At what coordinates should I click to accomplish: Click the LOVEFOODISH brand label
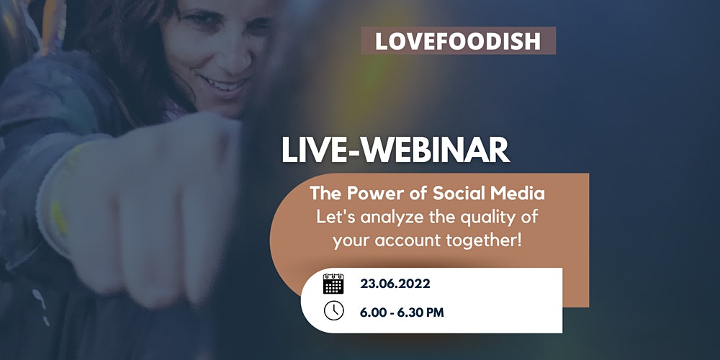458,41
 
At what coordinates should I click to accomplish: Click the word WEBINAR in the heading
431,150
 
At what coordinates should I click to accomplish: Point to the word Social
452,193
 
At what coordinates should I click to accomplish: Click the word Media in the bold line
511,193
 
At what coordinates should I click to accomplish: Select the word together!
479,241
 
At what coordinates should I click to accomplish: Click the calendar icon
333,284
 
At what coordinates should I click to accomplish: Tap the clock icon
334,310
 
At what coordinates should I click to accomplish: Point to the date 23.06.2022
395,284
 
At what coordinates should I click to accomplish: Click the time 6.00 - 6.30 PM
402,313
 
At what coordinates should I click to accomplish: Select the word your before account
349,241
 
